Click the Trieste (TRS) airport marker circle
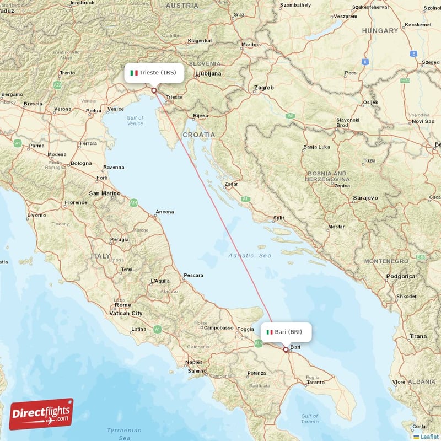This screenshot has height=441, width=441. (x=154, y=90)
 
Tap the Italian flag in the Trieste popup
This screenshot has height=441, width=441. (x=133, y=73)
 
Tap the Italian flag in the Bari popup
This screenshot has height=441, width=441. (x=269, y=332)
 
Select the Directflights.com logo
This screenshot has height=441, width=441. (x=41, y=414)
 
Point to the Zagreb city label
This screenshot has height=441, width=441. (x=263, y=88)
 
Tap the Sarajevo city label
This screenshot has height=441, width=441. (x=366, y=197)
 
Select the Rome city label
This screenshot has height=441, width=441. (x=122, y=305)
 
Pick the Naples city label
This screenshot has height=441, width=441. (x=193, y=362)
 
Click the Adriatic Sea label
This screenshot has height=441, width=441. (x=250, y=256)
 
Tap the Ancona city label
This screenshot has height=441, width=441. (x=164, y=212)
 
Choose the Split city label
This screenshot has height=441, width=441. (x=278, y=218)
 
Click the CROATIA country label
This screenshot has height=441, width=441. (x=199, y=135)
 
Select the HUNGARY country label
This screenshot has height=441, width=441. (x=380, y=31)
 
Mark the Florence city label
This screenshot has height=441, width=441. (x=76, y=202)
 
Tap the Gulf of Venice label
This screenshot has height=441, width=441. (x=135, y=121)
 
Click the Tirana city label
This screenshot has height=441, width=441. (x=418, y=336)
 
